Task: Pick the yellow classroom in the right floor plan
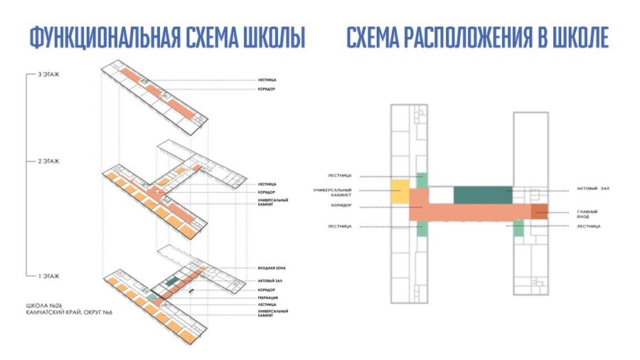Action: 399,192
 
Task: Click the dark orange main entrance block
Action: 538,211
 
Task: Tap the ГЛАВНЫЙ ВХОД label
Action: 587,214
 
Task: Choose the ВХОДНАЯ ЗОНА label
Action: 272,268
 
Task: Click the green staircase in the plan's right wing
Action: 518,228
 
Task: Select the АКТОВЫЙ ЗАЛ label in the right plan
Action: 594,189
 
